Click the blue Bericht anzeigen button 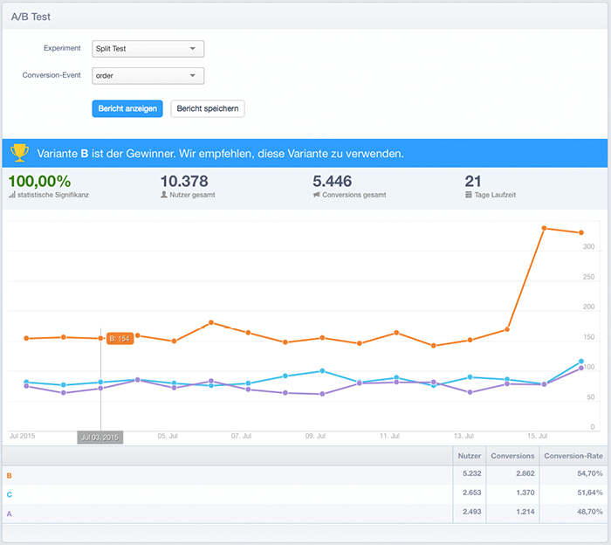pos(127,108)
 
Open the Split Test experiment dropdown pos(148,49)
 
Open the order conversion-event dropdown pos(148,76)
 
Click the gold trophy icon pos(19,153)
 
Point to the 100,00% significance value pos(40,182)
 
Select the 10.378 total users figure pos(184,182)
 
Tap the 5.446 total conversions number pos(333,182)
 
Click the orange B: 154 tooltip pos(120,338)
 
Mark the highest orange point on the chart pos(544,228)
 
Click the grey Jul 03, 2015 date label pos(100,438)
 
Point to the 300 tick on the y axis pos(588,246)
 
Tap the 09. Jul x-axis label pos(315,436)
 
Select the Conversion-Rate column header pos(573,456)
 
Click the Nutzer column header pos(470,456)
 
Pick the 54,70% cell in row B pos(590,473)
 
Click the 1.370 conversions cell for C pos(525,493)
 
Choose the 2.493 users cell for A pos(472,512)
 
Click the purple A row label pos(10,514)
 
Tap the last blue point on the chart pos(581,362)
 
